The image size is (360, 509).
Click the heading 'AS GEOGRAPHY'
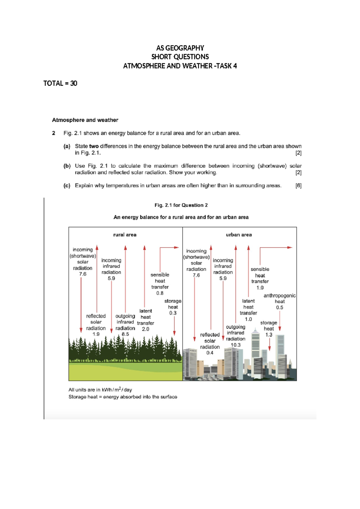[x=180, y=48]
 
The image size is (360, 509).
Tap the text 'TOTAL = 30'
[x=60, y=83]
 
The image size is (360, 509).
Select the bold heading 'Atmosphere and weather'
[x=85, y=120]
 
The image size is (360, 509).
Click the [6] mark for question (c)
[x=298, y=185]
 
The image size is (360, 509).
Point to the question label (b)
[x=67, y=166]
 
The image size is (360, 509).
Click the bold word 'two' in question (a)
[x=94, y=146]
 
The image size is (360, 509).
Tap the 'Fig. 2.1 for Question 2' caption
[x=181, y=205]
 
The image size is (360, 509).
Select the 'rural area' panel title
[x=125, y=235]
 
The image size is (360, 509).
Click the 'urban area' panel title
[x=239, y=235]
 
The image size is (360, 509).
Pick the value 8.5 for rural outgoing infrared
[x=125, y=334]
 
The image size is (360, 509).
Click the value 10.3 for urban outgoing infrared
[x=235, y=345]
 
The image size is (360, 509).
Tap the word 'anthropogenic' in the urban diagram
[x=279, y=296]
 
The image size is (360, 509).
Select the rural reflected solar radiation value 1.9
[x=96, y=334]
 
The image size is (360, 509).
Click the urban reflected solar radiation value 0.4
[x=210, y=353]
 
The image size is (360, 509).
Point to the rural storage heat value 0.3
[x=173, y=313]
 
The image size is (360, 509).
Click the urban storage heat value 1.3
[x=268, y=335]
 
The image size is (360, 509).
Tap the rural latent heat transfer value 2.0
[x=145, y=329]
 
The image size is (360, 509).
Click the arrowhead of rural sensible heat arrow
[x=177, y=248]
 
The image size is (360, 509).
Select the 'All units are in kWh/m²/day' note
[x=100, y=390]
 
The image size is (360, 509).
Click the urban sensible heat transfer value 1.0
[x=260, y=288]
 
